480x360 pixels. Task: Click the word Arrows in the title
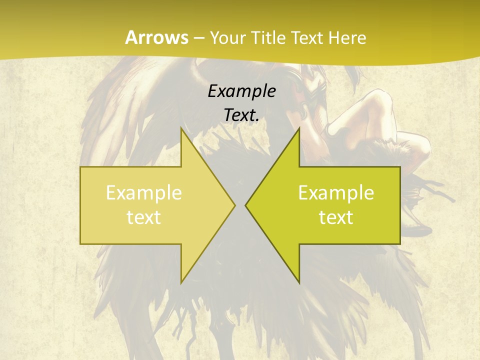point(156,37)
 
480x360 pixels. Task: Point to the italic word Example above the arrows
point(241,91)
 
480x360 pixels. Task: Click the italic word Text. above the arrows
point(241,115)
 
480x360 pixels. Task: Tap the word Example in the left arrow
point(143,193)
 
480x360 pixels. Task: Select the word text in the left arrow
point(143,217)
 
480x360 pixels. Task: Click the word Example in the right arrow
point(336,193)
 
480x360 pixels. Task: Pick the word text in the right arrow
point(336,217)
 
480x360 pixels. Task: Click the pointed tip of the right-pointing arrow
point(235,205)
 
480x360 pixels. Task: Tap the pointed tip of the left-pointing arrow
point(245,205)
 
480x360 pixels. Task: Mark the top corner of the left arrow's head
point(181,128)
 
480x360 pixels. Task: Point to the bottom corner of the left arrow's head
point(181,282)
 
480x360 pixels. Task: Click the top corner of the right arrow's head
point(299,128)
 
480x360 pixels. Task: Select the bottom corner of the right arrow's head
point(299,282)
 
